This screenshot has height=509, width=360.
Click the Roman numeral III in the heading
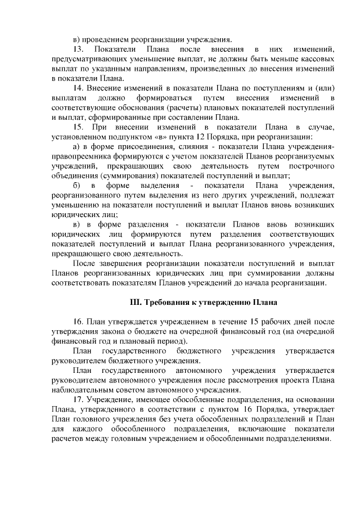pos(136,302)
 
